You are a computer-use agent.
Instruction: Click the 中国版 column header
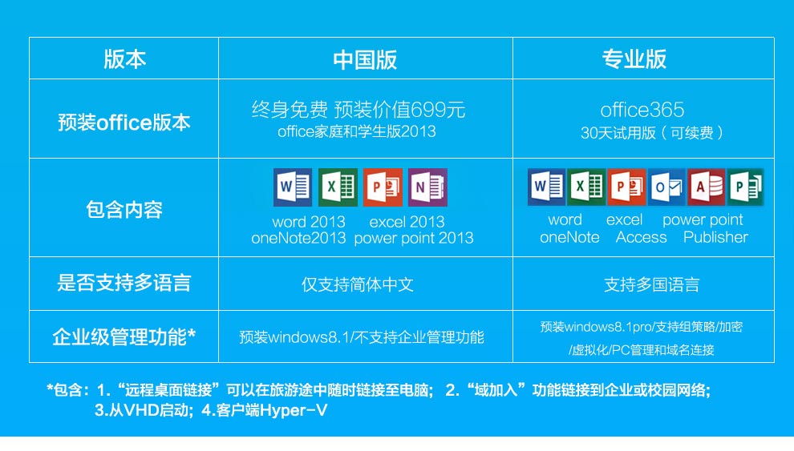pyautogui.click(x=365, y=59)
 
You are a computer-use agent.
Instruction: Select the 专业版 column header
pyautogui.click(x=634, y=59)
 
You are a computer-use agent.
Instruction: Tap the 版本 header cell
pyautogui.click(x=124, y=59)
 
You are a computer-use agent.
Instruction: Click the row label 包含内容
pyautogui.click(x=124, y=209)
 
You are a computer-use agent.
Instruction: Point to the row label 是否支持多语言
pyautogui.click(x=124, y=283)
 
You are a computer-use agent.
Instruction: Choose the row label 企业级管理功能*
pyautogui.click(x=124, y=336)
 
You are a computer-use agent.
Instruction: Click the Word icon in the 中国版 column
pyautogui.click(x=293, y=187)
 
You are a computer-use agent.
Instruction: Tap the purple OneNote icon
pyautogui.click(x=428, y=187)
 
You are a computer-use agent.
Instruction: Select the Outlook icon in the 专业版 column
pyautogui.click(x=666, y=187)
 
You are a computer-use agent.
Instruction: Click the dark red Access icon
pyautogui.click(x=706, y=187)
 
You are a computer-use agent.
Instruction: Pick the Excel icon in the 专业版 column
pyautogui.click(x=586, y=187)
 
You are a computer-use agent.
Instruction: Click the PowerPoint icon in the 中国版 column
pyautogui.click(x=383, y=187)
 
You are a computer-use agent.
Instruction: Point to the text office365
pyautogui.click(x=642, y=110)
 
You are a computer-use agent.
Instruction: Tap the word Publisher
pyautogui.click(x=715, y=237)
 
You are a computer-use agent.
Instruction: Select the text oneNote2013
pyautogui.click(x=298, y=238)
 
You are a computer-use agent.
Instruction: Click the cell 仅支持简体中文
pyautogui.click(x=358, y=284)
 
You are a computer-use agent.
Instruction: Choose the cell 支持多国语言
pyautogui.click(x=652, y=284)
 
